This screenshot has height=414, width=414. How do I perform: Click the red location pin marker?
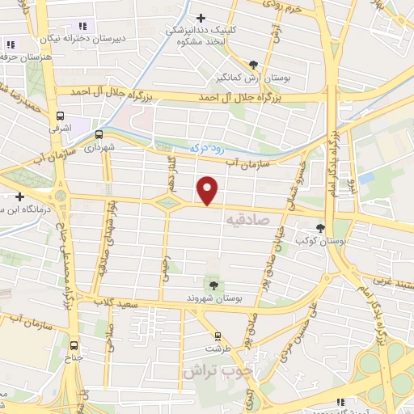[209, 191]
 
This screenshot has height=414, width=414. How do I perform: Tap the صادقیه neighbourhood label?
[243, 219]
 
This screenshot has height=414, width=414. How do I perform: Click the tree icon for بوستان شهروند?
[213, 285]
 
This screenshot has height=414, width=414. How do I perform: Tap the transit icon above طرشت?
[217, 336]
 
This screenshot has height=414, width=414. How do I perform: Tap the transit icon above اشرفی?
[60, 116]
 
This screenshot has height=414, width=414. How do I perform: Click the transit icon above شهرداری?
[99, 135]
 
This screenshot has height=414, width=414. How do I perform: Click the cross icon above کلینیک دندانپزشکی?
[201, 17]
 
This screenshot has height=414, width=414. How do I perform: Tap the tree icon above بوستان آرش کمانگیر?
[254, 64]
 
